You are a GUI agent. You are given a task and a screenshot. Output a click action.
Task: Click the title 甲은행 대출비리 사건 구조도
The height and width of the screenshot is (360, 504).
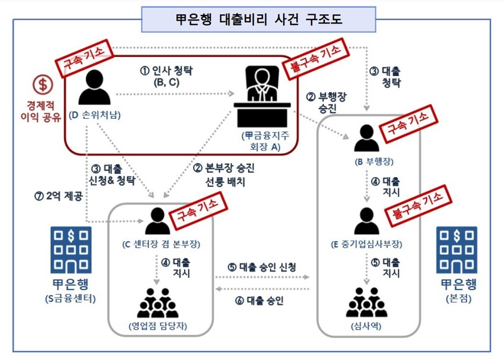(259, 19)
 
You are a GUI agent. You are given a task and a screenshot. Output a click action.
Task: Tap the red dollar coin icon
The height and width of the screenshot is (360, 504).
(43, 84)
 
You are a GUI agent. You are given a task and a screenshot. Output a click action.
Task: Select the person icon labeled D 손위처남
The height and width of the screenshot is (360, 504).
(94, 87)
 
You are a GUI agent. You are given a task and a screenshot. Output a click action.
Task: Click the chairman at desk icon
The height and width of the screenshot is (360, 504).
(262, 96)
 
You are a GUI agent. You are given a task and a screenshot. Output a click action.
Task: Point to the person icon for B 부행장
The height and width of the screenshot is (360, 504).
(367, 138)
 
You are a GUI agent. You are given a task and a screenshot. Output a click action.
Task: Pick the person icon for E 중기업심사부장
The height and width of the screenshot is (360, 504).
(367, 221)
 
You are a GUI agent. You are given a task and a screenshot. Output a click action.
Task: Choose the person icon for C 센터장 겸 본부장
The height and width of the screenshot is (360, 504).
(157, 221)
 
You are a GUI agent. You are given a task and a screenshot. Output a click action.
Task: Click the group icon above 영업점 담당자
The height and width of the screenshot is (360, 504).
(157, 303)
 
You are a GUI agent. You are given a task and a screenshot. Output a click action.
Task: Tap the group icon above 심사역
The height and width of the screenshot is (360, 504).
(367, 302)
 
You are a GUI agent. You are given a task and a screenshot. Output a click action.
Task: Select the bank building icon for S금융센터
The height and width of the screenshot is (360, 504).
(71, 250)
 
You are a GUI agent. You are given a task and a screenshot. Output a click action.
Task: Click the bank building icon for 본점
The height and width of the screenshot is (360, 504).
(457, 250)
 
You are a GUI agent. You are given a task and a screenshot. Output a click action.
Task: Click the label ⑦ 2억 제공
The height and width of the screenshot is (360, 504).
(59, 195)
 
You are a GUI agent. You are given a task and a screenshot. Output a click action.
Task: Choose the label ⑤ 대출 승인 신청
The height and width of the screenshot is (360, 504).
(262, 267)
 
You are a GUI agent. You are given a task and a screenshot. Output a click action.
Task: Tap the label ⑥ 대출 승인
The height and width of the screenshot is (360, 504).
(259, 301)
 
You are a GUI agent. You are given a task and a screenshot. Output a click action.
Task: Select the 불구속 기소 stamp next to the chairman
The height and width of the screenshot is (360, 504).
(315, 59)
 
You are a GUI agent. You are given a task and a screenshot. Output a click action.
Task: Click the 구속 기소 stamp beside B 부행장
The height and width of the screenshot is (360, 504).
(408, 124)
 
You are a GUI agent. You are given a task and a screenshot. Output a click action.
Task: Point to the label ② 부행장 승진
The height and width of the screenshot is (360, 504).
(327, 102)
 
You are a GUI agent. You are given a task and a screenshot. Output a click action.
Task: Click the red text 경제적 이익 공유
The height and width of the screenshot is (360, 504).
(40, 111)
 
